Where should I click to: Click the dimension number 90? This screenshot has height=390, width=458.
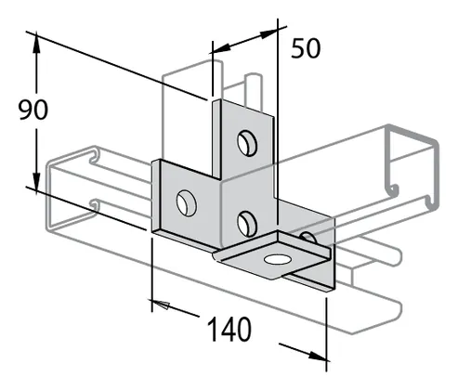[x=33, y=110]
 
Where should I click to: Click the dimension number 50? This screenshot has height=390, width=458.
[x=306, y=48]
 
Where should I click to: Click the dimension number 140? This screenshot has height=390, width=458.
[x=229, y=330]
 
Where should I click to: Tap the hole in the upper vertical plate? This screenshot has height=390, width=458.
[x=247, y=143]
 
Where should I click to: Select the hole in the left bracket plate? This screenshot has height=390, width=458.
[x=187, y=202]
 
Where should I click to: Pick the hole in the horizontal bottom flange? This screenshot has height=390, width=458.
[x=278, y=259]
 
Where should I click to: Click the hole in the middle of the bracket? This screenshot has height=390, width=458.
[x=247, y=224]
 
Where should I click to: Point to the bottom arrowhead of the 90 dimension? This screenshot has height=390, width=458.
[x=36, y=183]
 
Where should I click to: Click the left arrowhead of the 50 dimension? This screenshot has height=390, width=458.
[x=221, y=47]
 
